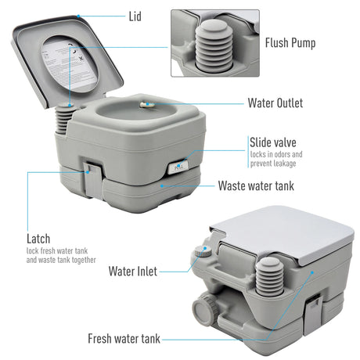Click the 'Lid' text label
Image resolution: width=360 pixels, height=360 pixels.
click(136, 15)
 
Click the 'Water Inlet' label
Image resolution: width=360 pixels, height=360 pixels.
click(133, 272)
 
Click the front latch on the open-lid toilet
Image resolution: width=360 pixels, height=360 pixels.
click(92, 171)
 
